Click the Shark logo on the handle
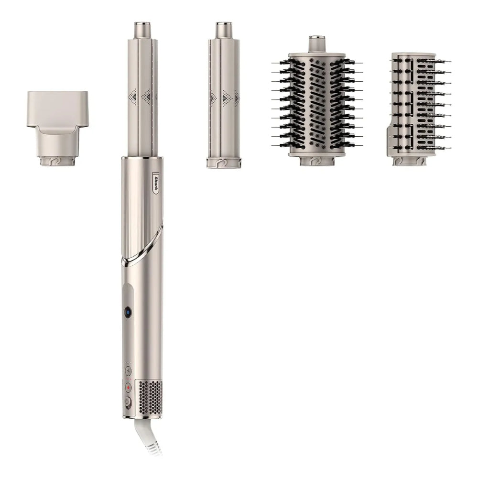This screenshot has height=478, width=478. pyautogui.click(x=155, y=183)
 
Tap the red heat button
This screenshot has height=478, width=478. pyautogui.click(x=128, y=388)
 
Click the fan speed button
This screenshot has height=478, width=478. pyautogui.click(x=128, y=371)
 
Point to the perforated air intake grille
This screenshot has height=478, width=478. pyautogui.click(x=149, y=398)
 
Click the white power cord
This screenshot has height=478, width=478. pyautogui.click(x=147, y=436)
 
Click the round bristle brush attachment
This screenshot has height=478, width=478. pyautogui.click(x=317, y=101)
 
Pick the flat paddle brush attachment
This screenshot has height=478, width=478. pyautogui.click(x=418, y=109)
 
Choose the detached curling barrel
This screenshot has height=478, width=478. pyautogui.click(x=224, y=95)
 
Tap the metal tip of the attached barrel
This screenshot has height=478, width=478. pyautogui.click(x=142, y=30)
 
